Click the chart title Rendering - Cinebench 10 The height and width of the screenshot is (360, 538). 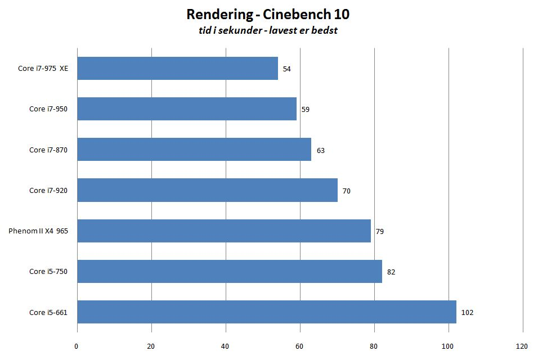tap(268, 14)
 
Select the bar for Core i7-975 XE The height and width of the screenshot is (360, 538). tap(177, 69)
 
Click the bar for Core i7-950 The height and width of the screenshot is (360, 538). tap(187, 109)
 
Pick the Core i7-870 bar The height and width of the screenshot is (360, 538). tap(194, 150)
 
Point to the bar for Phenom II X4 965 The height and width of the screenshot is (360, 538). tap(224, 231)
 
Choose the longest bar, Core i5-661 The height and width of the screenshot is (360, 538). tap(267, 312)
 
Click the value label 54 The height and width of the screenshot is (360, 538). tap(287, 69)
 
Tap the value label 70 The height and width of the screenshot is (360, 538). tap(347, 191)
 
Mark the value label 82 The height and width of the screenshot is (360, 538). tap(391, 272)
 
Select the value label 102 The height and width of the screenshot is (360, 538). tap(467, 313)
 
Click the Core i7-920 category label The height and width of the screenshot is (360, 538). tap(48, 191)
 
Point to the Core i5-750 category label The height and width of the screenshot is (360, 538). tap(48, 272)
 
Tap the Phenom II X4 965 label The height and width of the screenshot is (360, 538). tap(38, 231)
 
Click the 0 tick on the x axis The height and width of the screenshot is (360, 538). tap(77, 345)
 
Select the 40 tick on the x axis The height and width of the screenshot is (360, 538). tap(225, 345)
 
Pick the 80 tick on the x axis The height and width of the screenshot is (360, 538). tap(374, 345)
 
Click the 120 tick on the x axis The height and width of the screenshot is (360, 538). tap(522, 345)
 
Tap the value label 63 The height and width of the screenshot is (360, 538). tap(321, 151)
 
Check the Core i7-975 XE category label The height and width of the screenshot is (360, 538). tap(43, 69)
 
